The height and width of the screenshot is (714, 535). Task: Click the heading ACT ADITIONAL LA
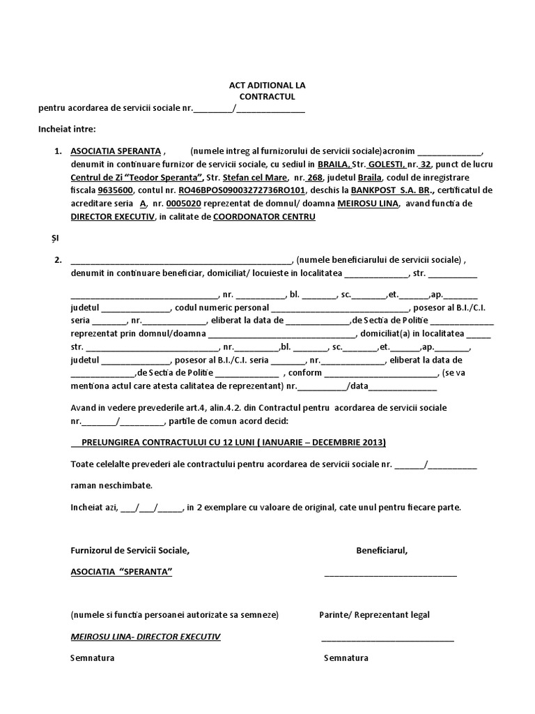[267, 85]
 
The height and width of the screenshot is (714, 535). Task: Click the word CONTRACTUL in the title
[267, 96]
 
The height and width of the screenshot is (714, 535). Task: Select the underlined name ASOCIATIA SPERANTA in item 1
[116, 151]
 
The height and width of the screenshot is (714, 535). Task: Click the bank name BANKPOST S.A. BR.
[393, 190]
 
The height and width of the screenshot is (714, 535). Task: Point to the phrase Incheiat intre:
[68, 129]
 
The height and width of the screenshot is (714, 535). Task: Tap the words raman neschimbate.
[111, 485]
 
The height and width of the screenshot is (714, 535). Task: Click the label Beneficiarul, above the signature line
[382, 550]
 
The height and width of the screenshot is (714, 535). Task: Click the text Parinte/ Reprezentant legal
[374, 614]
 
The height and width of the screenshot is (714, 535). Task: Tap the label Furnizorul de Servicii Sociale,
[130, 550]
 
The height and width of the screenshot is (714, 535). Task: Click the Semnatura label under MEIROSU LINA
[93, 658]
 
